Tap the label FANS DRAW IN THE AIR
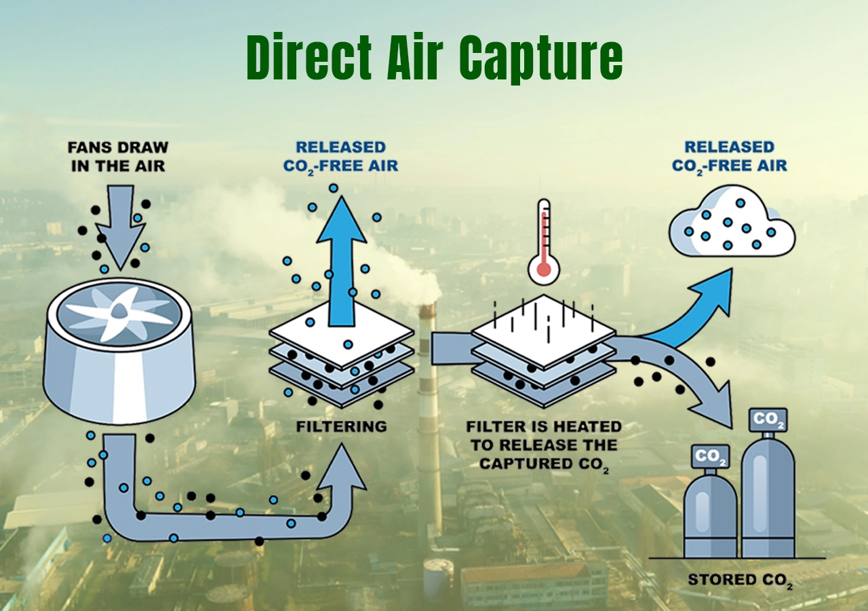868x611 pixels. (118, 156)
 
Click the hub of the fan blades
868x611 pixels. (118, 310)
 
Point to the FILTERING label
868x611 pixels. (341, 426)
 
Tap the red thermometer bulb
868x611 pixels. (543, 270)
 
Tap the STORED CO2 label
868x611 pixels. (740, 580)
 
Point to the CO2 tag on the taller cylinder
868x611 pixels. (768, 420)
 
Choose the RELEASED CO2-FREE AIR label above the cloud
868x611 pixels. (729, 156)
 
